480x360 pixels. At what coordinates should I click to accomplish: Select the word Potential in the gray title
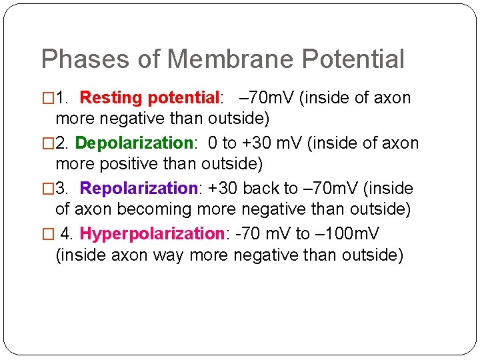coord(353,59)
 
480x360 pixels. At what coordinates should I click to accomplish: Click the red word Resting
coord(111,98)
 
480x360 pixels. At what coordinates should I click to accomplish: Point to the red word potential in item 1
coord(183,99)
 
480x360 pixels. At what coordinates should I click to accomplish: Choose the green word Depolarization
coord(133,143)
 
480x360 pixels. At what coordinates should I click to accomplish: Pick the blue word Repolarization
coord(139,189)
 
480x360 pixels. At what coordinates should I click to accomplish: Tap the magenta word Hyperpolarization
coord(151,234)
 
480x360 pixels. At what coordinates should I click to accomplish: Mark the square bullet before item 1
coord(47,99)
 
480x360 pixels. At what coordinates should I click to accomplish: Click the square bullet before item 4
coord(47,234)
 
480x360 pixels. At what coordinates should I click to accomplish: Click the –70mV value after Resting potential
coord(267,98)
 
